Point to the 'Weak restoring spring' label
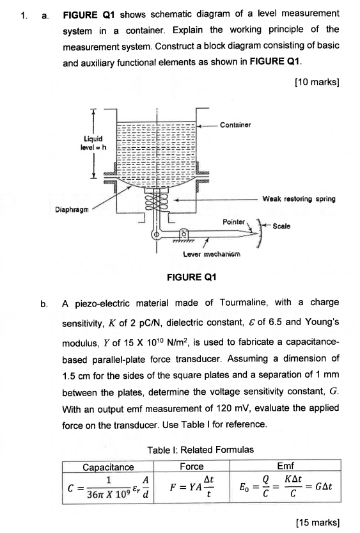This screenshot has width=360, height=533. point(299,199)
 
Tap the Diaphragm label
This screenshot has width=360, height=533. point(69,209)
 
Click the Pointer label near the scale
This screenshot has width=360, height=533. point(234,221)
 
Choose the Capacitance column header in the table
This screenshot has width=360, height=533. point(109,467)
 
